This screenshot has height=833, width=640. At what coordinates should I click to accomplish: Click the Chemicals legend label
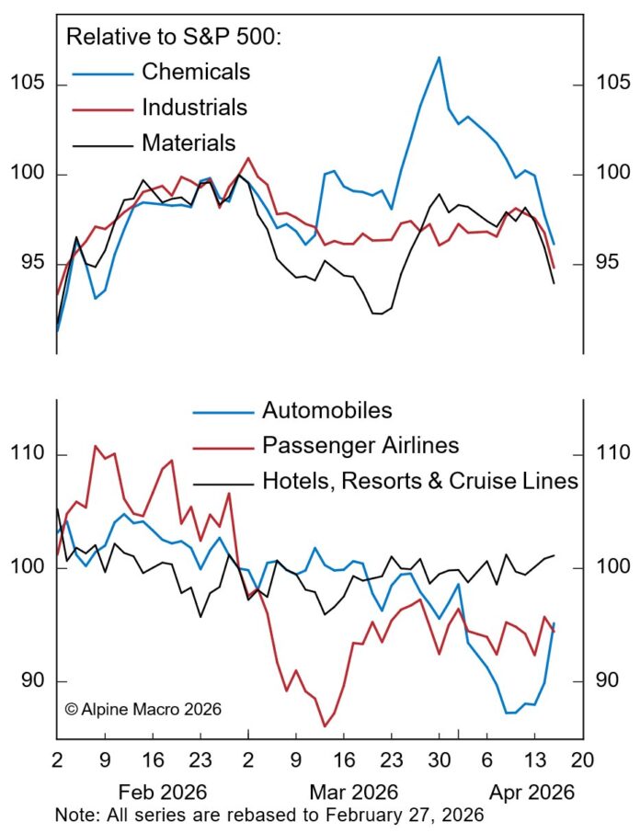tap(195, 71)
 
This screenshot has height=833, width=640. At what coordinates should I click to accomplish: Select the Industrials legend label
tap(194, 107)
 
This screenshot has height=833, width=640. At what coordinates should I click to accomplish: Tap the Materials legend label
tap(189, 143)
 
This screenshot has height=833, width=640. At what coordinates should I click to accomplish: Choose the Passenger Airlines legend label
tap(360, 445)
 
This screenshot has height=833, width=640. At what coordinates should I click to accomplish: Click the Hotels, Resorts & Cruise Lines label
tap(419, 480)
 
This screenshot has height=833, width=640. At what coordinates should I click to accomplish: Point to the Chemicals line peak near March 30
tap(439, 57)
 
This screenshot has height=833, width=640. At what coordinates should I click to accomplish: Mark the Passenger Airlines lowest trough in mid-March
tap(325, 726)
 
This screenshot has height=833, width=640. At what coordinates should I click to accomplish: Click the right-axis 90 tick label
tap(606, 681)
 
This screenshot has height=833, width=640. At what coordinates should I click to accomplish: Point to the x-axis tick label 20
tap(582, 761)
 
